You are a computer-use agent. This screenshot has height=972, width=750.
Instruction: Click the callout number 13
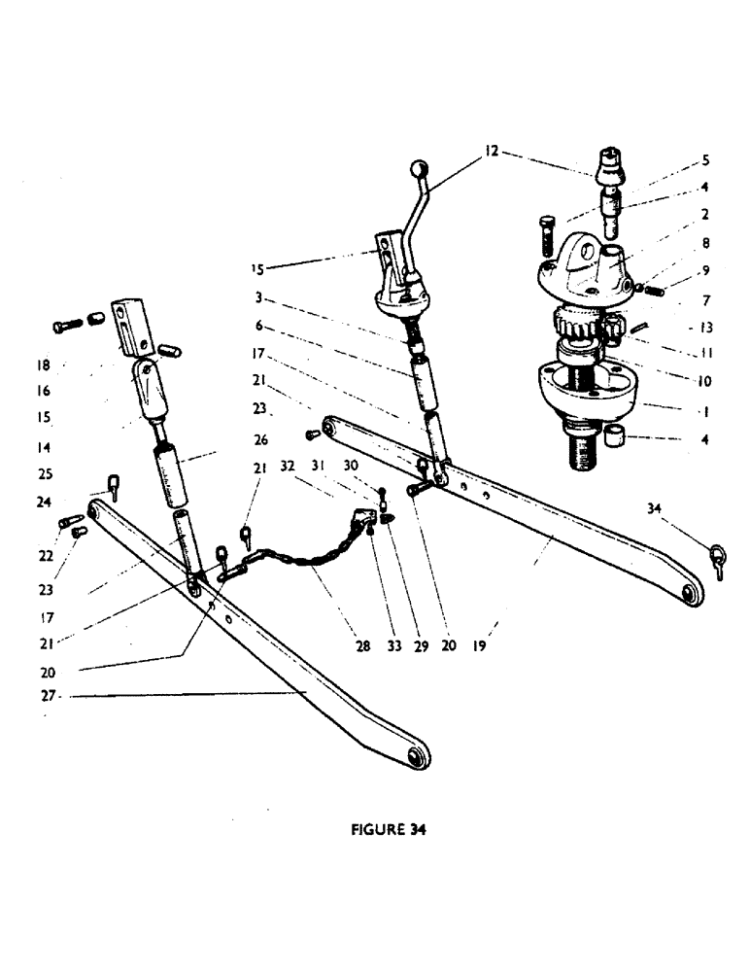706,329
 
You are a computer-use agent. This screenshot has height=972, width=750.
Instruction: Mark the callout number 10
703,382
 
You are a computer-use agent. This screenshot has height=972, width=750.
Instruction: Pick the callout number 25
46,474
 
